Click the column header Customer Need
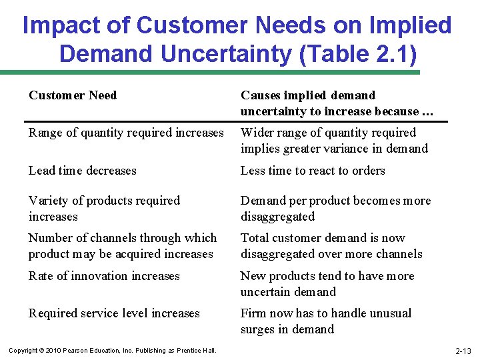(x=73, y=95)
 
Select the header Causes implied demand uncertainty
(x=337, y=103)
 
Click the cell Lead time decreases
(x=82, y=171)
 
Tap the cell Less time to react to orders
(x=313, y=171)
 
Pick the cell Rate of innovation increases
(x=104, y=276)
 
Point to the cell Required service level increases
(x=114, y=313)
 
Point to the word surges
(x=261, y=329)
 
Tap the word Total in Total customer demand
(x=256, y=238)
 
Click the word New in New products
(x=253, y=276)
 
